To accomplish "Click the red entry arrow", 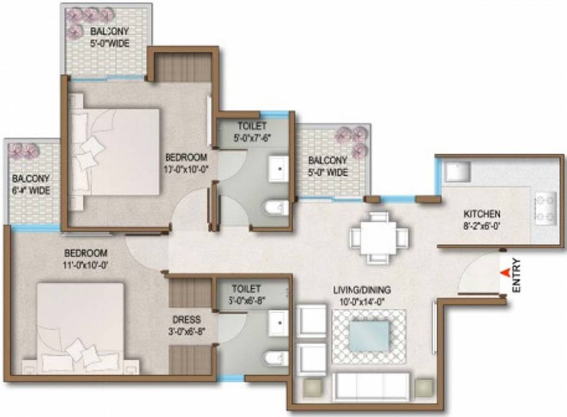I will [505, 273].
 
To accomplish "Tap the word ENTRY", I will [516, 276].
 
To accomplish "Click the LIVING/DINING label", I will [362, 290].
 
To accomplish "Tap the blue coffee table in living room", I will [369, 336].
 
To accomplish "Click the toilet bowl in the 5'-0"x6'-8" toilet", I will [275, 359].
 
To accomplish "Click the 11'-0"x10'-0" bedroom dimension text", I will [86, 266].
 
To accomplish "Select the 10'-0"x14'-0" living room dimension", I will [362, 300].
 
